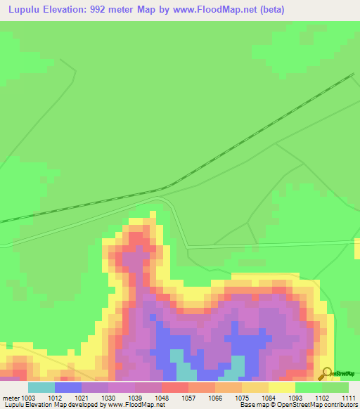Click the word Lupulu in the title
(x=27, y=10)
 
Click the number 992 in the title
(x=103, y=10)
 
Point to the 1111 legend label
(x=348, y=397)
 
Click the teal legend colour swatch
(x=41, y=387)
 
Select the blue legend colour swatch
(x=68, y=387)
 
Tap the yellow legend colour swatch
(x=282, y=387)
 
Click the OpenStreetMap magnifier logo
(x=326, y=374)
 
